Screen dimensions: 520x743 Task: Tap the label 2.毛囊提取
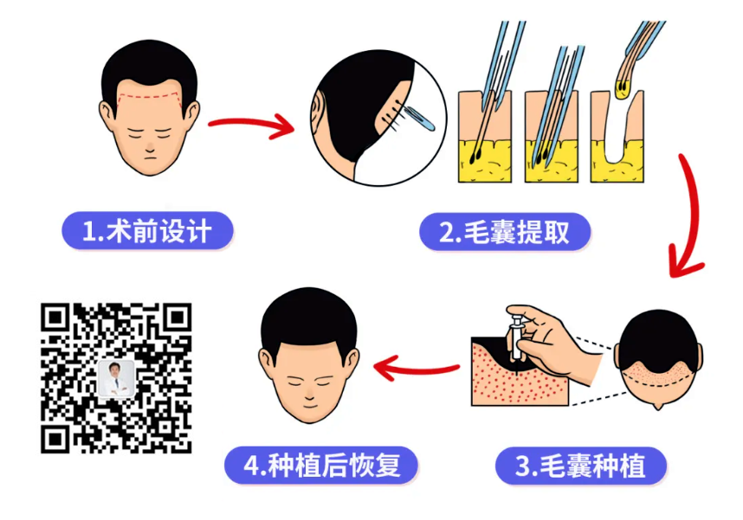(x=505, y=232)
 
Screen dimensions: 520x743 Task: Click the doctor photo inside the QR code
(x=116, y=378)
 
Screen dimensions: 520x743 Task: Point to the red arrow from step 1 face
(x=251, y=125)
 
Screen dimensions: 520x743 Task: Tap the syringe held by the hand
(x=517, y=337)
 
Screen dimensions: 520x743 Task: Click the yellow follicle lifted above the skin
(x=622, y=85)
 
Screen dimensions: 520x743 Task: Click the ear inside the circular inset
(x=322, y=117)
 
